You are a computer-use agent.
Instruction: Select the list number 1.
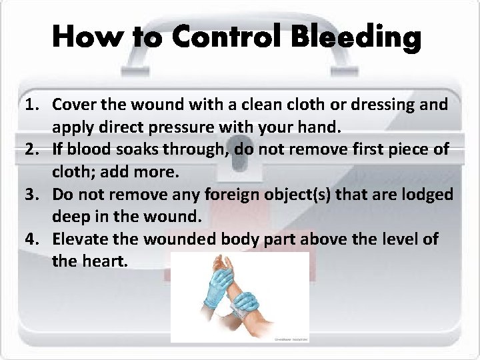31,105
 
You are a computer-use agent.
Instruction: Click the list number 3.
31,195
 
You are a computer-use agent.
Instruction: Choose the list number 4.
31,239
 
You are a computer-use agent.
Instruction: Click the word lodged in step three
428,195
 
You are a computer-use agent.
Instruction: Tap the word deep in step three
70,217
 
